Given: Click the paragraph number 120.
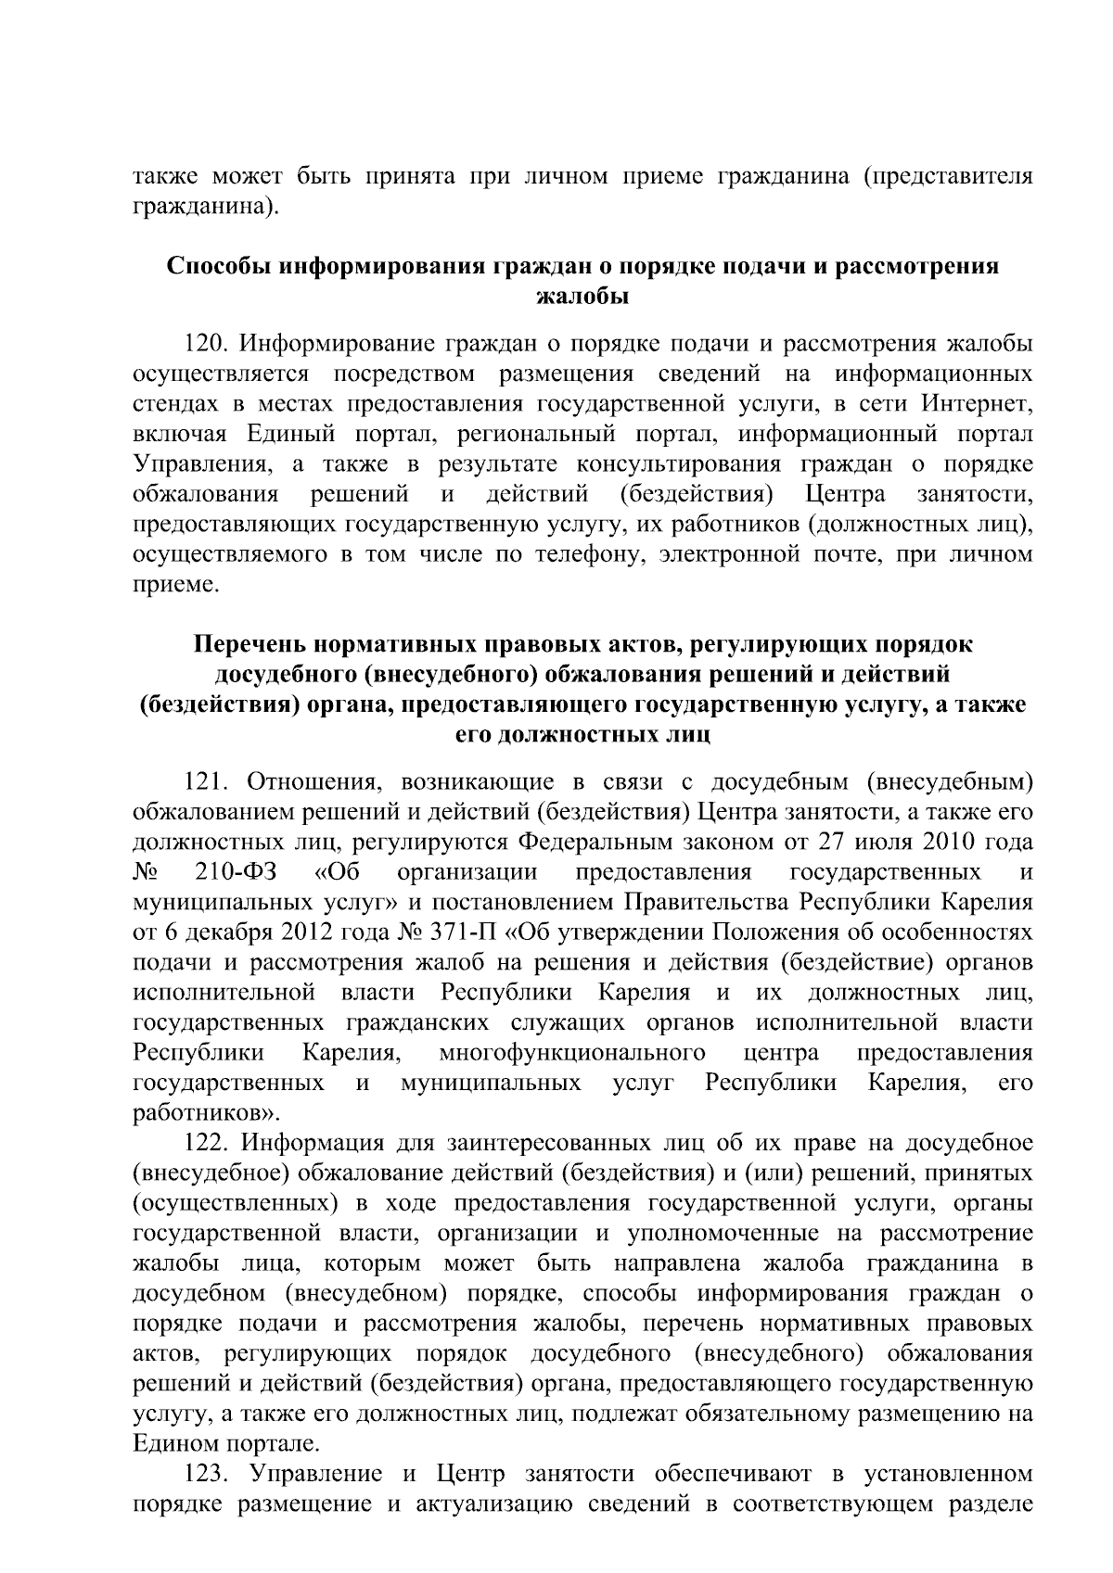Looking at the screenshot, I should point(207,345).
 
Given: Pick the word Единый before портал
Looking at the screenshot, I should point(282,435).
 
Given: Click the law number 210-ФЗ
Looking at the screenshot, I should point(243,872).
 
